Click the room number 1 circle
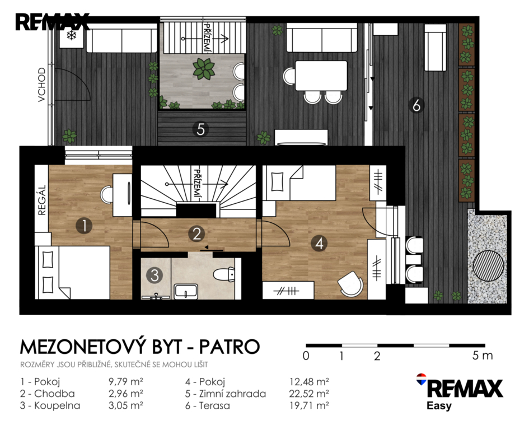point(85,226)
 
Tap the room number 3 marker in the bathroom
point(155,275)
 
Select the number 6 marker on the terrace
point(416,105)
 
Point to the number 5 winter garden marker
point(201,129)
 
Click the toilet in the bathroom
point(224,274)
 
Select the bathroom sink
point(186,291)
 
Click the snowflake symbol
point(72,36)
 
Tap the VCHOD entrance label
point(42,85)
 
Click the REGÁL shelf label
point(42,200)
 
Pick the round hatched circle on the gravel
point(489,265)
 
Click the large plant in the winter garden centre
point(204,68)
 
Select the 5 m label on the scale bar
point(483,356)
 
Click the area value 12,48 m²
point(309,382)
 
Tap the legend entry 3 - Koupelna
point(50,405)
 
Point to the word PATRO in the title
point(229,347)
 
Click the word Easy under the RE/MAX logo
point(439,405)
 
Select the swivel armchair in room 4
point(351,283)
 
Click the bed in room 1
point(73,272)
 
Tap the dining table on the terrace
point(321,76)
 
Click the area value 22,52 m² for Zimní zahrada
point(309,394)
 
